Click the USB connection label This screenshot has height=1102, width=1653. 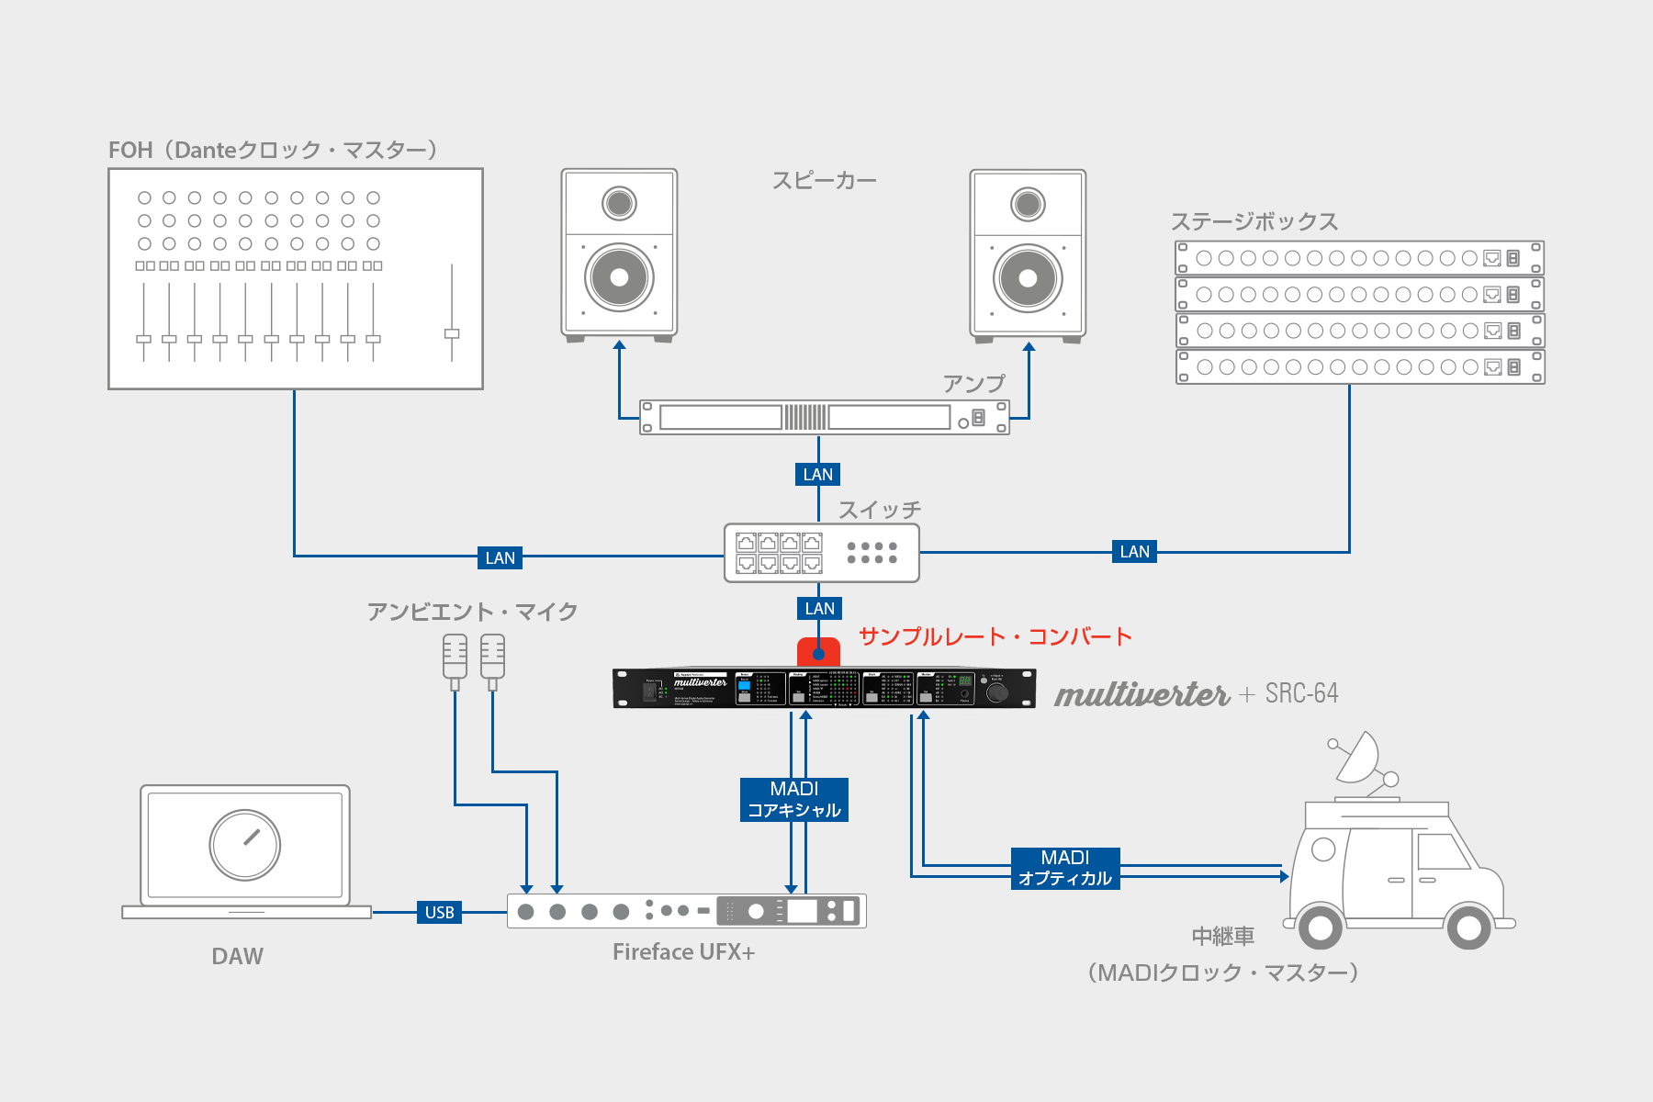click(x=439, y=912)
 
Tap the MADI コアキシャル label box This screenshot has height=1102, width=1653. click(x=794, y=799)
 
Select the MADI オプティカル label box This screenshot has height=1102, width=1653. click(x=1065, y=868)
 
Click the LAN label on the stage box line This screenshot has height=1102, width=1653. click(x=1134, y=552)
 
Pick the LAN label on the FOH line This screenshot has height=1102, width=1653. click(x=500, y=557)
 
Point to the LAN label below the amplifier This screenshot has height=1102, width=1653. click(x=817, y=474)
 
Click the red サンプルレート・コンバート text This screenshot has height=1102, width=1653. click(x=995, y=636)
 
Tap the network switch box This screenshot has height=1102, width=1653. click(x=821, y=553)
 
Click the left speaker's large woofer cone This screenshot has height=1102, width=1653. click(x=619, y=277)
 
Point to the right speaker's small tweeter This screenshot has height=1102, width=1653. click(x=1028, y=204)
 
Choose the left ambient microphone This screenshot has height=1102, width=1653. click(x=455, y=659)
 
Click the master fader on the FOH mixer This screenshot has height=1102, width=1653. click(x=452, y=333)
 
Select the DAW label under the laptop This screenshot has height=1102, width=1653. click(x=237, y=957)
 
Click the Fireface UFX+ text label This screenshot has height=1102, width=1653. click(x=683, y=952)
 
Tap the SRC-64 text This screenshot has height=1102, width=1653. click(x=1301, y=693)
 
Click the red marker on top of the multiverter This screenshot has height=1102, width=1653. click(x=818, y=651)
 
